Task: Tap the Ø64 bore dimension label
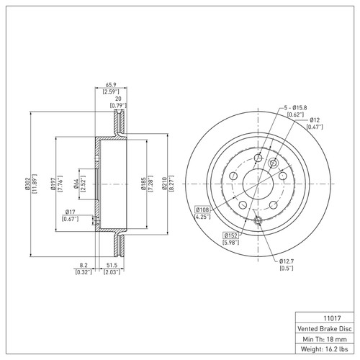click(77, 183)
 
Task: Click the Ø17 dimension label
click(70, 212)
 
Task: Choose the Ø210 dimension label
click(167, 183)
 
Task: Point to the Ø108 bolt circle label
click(202, 210)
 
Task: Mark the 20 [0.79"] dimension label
click(117, 101)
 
